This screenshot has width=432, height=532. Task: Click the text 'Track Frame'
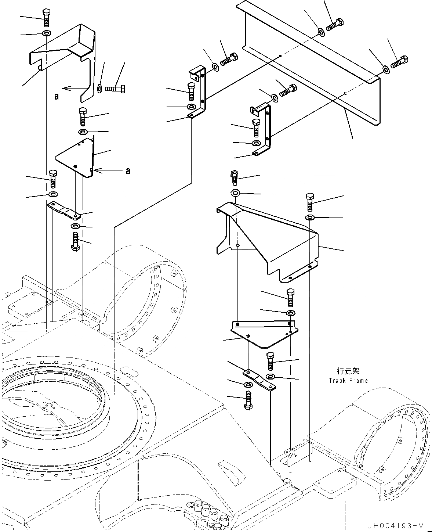click(x=348, y=381)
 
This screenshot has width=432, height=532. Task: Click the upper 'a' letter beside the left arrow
click(x=56, y=96)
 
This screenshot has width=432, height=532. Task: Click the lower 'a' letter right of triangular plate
click(x=128, y=171)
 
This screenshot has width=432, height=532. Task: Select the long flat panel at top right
click(x=312, y=62)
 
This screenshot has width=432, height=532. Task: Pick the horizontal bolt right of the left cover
click(x=116, y=89)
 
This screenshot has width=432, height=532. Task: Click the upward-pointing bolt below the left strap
click(x=75, y=242)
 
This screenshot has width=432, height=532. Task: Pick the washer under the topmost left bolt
click(x=46, y=33)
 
